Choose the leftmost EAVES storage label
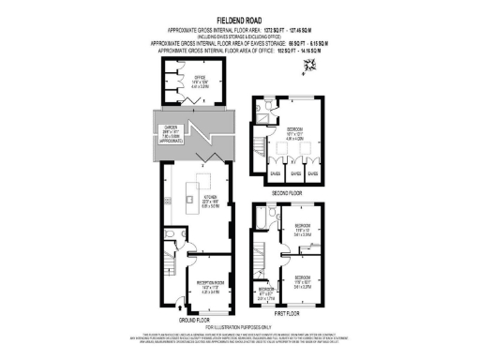(276, 173)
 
